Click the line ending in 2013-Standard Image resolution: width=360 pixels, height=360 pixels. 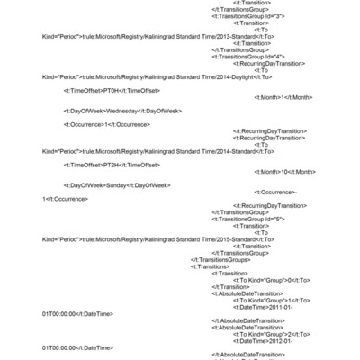pyautogui.click(x=145, y=37)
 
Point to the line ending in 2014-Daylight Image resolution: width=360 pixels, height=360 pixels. pyautogui.click(x=144, y=77)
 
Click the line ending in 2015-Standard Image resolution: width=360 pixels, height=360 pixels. pyautogui.click(x=145, y=238)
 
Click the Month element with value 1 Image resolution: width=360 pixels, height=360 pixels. pyautogui.click(x=283, y=97)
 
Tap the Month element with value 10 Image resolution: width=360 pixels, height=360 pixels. pyautogui.click(x=285, y=171)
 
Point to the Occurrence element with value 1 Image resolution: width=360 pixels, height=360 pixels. pyautogui.click(x=107, y=124)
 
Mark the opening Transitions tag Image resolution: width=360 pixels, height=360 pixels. pyautogui.click(x=211, y=266)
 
